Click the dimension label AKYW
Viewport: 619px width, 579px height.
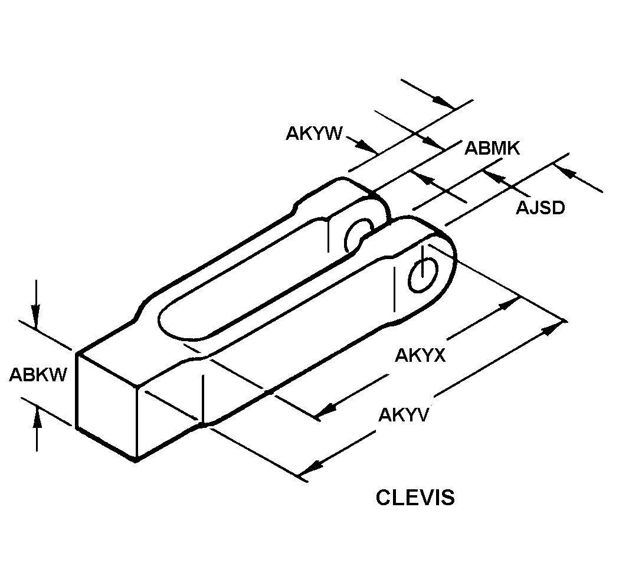pos(314,133)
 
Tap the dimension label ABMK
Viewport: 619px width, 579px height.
pos(492,148)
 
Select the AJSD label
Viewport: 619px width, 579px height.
pos(540,208)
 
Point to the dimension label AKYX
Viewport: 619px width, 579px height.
pos(420,355)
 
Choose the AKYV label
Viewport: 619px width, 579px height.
pos(404,415)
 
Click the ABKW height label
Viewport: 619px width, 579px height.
pos(38,374)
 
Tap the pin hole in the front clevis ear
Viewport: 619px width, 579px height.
pos(423,275)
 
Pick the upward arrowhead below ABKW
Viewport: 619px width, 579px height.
pos(37,418)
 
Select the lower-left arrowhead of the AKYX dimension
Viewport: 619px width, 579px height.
pos(326,410)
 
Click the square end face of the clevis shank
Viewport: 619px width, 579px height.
pos(106,407)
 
